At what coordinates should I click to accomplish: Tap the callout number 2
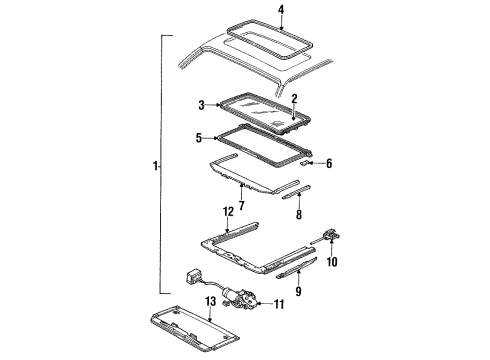click(294, 99)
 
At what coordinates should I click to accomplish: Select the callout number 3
click(201, 104)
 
